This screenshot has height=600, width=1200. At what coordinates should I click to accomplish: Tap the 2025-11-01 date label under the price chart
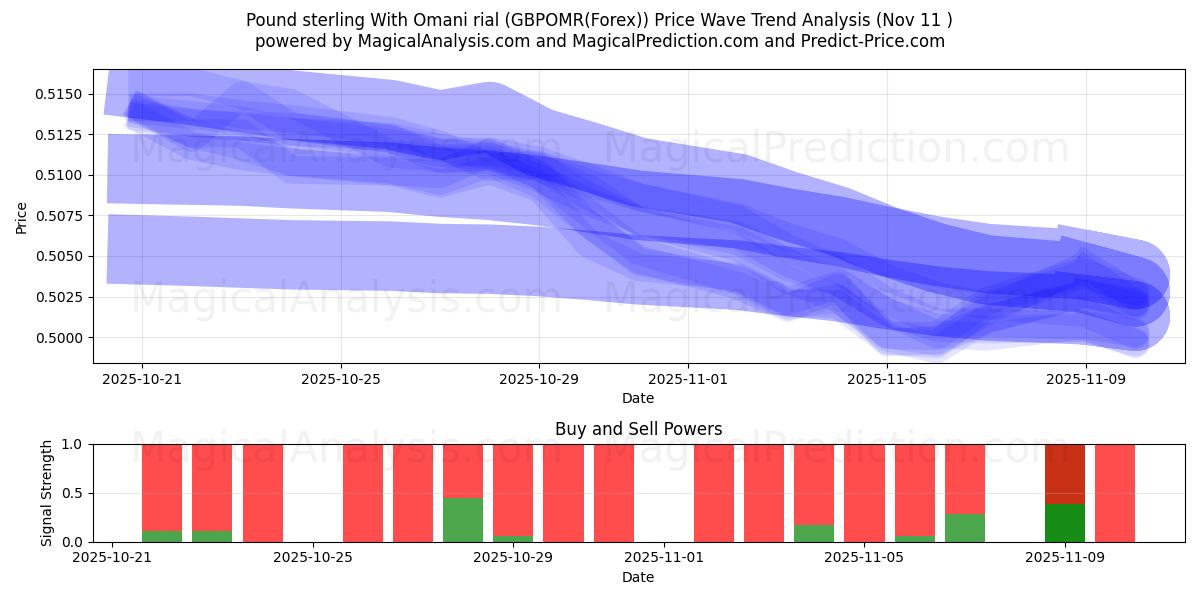pyautogui.click(x=688, y=379)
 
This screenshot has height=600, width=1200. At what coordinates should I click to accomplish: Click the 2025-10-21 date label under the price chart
pyautogui.click(x=141, y=379)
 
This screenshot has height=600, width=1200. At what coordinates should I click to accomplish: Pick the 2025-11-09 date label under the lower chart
pyautogui.click(x=1065, y=558)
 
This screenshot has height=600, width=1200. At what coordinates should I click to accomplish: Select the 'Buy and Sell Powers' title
pyautogui.click(x=638, y=429)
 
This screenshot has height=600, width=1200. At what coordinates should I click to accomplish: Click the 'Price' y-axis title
pyautogui.click(x=22, y=216)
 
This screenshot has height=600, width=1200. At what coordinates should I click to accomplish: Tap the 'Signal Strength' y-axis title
pyautogui.click(x=47, y=493)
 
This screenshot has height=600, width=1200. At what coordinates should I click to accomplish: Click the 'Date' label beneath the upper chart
pyautogui.click(x=638, y=398)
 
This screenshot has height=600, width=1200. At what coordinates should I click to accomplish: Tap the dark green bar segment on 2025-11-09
pyautogui.click(x=1065, y=523)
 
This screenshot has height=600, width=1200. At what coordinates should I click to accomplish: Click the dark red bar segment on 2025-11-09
pyautogui.click(x=1065, y=474)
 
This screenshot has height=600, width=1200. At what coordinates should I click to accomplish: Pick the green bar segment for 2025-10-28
pyautogui.click(x=463, y=520)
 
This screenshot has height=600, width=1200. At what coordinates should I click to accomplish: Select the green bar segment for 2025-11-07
pyautogui.click(x=965, y=528)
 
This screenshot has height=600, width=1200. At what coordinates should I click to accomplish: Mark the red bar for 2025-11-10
pyautogui.click(x=1115, y=493)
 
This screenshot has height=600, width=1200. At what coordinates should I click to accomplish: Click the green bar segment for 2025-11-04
pyautogui.click(x=814, y=533)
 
